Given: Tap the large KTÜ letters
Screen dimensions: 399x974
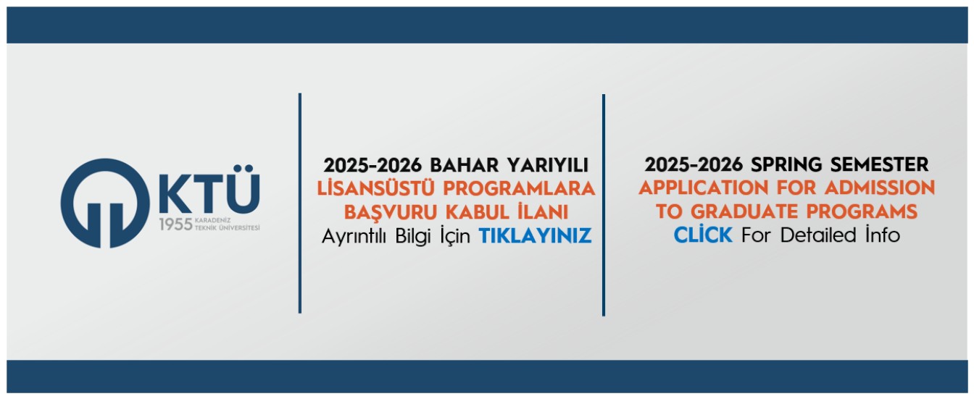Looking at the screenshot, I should (209, 192).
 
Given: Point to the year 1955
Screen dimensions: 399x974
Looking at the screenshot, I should (175, 225).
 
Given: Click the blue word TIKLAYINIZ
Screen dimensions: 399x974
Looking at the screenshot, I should (535, 235).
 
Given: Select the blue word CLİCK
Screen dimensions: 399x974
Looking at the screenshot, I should (703, 235).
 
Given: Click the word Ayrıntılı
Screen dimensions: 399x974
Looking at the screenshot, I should (355, 235).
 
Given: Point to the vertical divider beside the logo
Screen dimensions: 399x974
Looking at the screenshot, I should (299, 203).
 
